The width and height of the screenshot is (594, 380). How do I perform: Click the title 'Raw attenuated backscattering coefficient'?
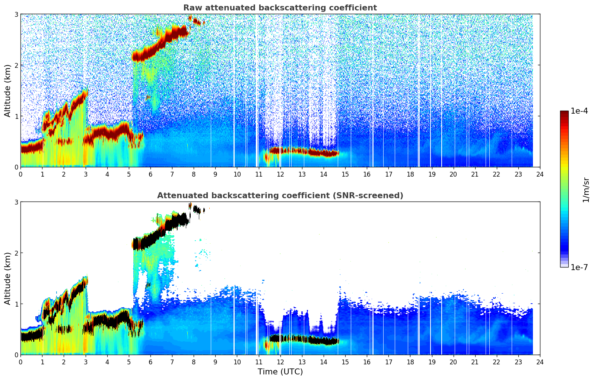[280, 8]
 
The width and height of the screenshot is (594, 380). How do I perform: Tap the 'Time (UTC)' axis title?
[280, 372]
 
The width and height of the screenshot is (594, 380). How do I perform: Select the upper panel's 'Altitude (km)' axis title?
[7, 91]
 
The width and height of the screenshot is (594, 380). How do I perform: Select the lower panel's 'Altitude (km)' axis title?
[7, 278]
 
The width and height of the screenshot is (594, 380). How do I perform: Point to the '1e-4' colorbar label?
[579, 111]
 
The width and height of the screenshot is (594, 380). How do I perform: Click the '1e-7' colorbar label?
[579, 267]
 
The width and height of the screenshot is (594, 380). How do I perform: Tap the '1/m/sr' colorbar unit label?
[585, 190]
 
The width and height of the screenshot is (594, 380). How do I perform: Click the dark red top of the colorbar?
[564, 113]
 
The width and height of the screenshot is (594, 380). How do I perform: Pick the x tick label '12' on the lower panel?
[280, 362]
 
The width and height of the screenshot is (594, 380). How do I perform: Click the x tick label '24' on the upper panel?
[540, 174]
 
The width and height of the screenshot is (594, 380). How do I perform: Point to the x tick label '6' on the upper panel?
[150, 174]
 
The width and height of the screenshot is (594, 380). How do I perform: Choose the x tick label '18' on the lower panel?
[410, 362]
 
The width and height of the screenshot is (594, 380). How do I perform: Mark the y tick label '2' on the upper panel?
[16, 65]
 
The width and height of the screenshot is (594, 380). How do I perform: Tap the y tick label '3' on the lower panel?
[16, 202]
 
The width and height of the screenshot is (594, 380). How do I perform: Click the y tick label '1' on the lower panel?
[16, 304]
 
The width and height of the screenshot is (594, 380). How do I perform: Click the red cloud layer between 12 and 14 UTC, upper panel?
[302, 151]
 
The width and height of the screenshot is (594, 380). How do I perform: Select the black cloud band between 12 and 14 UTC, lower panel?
[302, 339]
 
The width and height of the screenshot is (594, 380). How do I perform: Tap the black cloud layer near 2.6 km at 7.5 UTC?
[182, 219]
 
